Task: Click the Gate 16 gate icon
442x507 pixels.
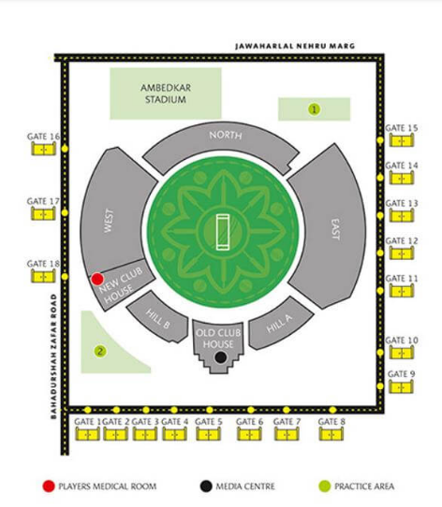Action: click(43, 149)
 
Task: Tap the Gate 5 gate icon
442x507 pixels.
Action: click(209, 434)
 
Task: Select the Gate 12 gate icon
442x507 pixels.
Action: click(402, 253)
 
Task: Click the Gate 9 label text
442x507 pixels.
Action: click(401, 374)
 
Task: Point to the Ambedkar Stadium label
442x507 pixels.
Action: click(166, 94)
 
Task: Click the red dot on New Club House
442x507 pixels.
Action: click(97, 279)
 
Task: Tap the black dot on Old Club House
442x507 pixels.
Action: click(220, 357)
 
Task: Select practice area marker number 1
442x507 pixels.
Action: click(314, 109)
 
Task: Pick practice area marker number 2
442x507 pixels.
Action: click(100, 351)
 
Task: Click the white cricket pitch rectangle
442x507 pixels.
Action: click(223, 232)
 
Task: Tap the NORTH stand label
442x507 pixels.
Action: click(226, 135)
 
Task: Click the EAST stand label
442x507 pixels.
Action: click(336, 229)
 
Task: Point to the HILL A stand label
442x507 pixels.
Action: click(279, 323)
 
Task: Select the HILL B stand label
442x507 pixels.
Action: click(157, 319)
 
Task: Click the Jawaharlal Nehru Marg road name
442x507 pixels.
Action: click(295, 46)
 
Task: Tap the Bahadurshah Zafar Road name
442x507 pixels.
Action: click(53, 356)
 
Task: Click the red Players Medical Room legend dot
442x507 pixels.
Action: click(49, 486)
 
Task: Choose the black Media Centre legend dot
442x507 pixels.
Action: click(206, 486)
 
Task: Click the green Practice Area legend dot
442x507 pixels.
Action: click(324, 486)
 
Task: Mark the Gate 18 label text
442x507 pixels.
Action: click(43, 264)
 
